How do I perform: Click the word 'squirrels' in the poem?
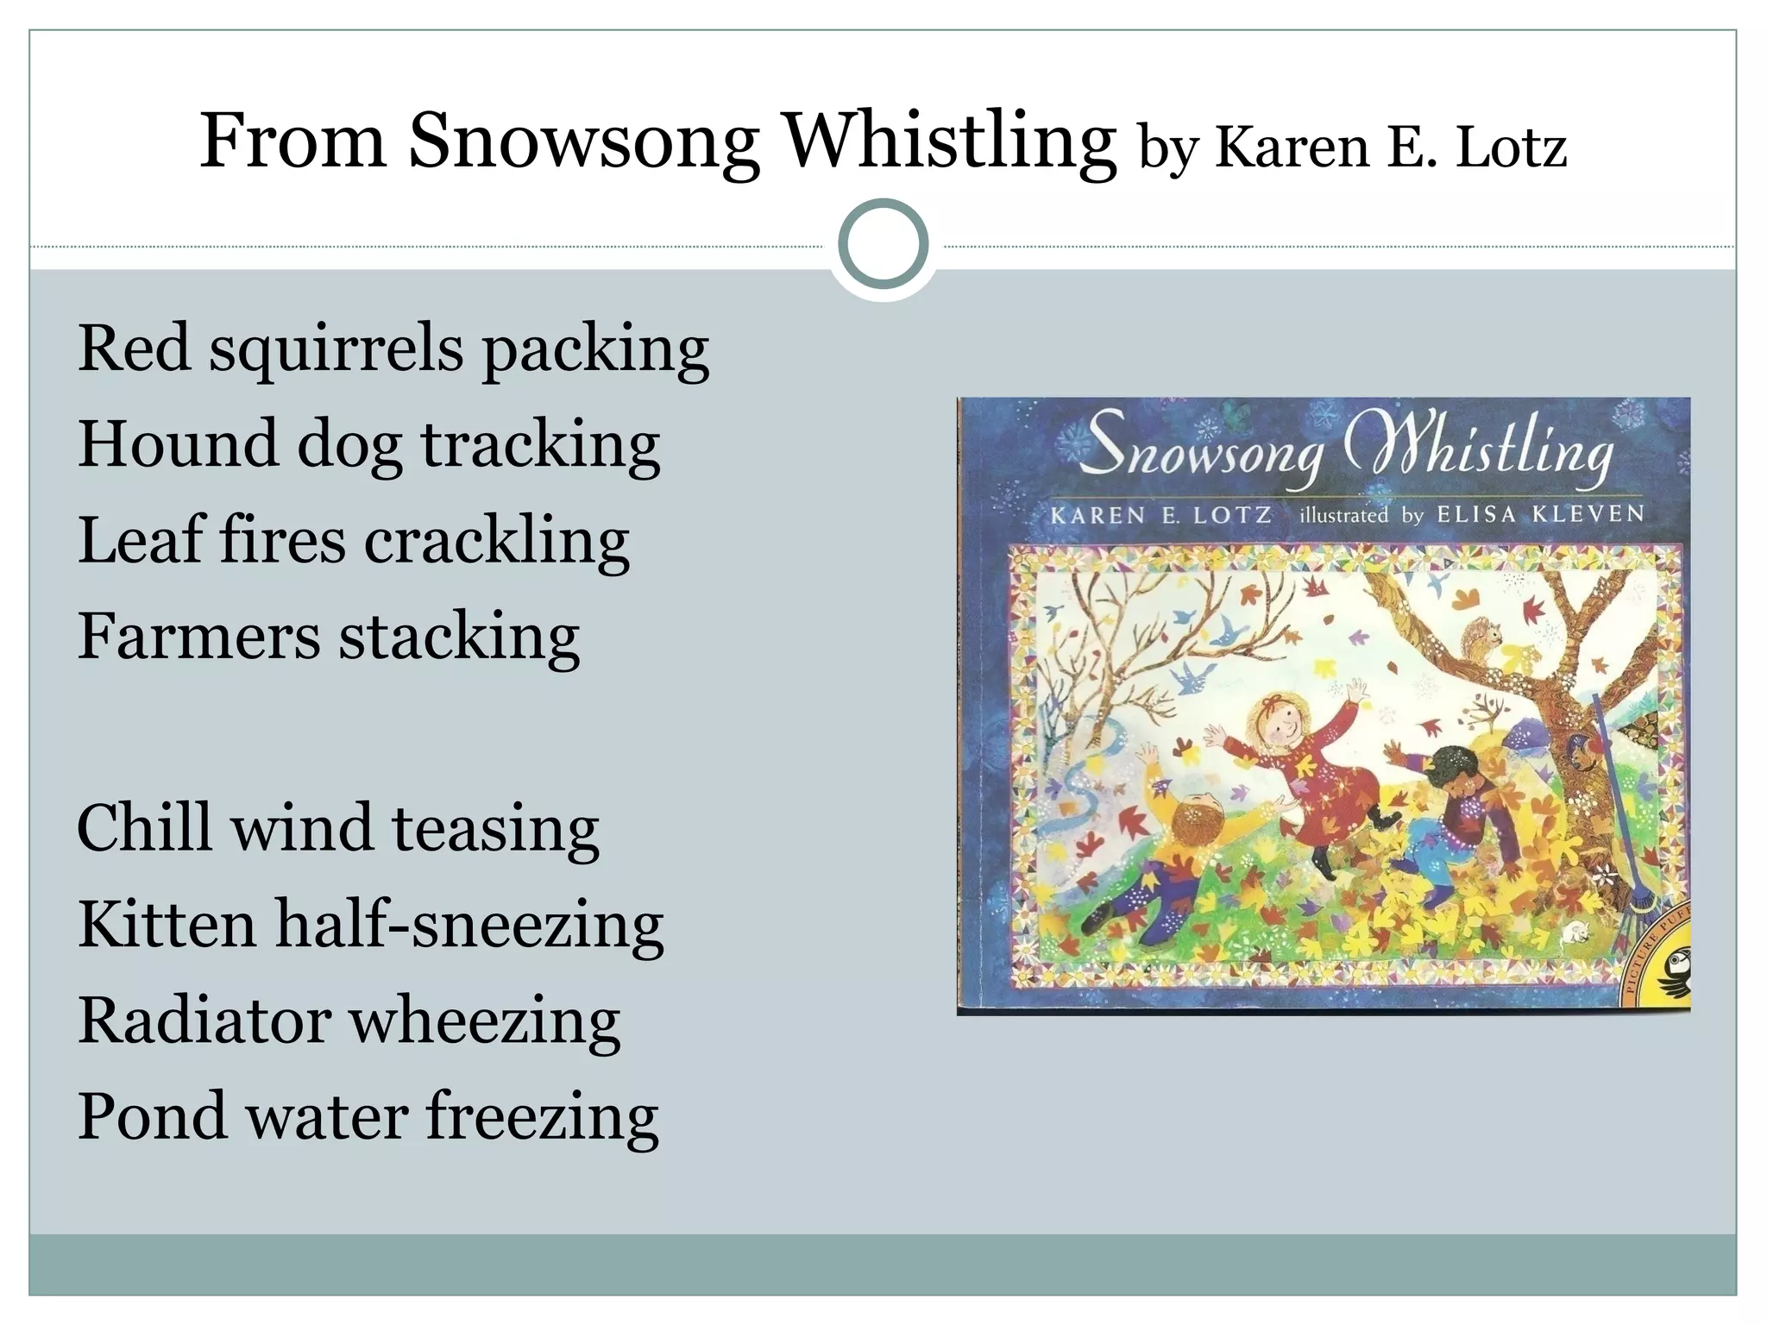[336, 349]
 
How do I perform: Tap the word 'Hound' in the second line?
[178, 444]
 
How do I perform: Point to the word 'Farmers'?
[198, 637]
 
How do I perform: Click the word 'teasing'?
[495, 828]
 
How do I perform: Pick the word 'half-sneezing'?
[469, 925]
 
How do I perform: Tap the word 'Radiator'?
[204, 1020]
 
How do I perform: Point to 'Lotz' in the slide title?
[1511, 148]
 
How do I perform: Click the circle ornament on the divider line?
[883, 244]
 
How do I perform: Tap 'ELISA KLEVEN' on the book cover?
[1541, 514]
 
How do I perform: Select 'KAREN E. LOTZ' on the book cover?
[1160, 516]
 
